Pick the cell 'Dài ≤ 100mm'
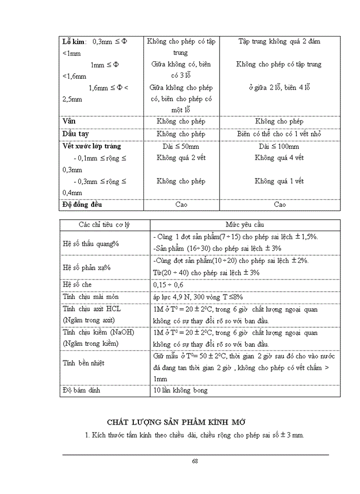pyautogui.click(x=279, y=146)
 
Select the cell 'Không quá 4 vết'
pyautogui.click(x=279, y=158)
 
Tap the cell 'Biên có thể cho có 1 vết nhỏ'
pyautogui.click(x=279, y=134)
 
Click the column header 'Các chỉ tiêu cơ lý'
pyautogui.click(x=104, y=225)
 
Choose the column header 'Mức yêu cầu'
pyautogui.click(x=245, y=225)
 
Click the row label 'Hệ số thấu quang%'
pyautogui.click(x=91, y=243)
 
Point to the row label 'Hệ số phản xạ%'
pyautogui.click(x=87, y=267)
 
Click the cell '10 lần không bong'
pyautogui.click(x=180, y=390)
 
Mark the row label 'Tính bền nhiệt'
pyautogui.click(x=83, y=363)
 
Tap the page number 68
pyautogui.click(x=195, y=461)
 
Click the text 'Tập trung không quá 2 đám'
pyautogui.click(x=279, y=41)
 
